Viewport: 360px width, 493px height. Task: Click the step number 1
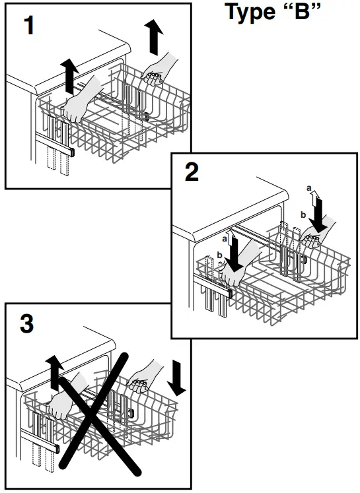(x=29, y=26)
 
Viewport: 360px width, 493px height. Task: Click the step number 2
(x=192, y=172)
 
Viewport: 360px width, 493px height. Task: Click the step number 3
(x=26, y=324)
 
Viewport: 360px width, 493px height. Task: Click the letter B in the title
(x=303, y=12)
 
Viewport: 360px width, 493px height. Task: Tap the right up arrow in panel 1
(x=154, y=37)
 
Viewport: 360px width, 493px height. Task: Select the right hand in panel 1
(x=159, y=70)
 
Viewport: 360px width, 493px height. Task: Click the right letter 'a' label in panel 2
(x=309, y=188)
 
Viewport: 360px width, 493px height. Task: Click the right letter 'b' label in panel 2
(x=303, y=215)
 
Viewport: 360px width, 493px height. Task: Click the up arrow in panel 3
(x=55, y=374)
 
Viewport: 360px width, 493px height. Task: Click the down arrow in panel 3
(x=176, y=378)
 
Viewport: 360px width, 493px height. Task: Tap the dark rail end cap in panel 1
(x=71, y=153)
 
